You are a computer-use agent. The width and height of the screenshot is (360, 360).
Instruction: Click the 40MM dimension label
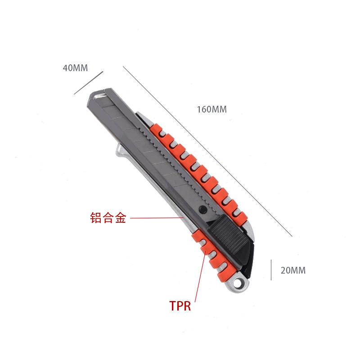coord(75,68)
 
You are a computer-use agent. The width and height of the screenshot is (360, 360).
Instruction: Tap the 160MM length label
coord(211,109)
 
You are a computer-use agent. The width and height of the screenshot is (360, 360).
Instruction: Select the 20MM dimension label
coord(293,270)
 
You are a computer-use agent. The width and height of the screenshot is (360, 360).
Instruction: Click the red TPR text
coord(180,306)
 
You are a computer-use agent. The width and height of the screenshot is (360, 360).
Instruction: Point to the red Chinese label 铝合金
coord(108,217)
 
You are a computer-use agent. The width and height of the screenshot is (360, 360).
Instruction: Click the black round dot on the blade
coord(202,209)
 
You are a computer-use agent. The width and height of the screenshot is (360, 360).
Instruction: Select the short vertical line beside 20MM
coord(271,270)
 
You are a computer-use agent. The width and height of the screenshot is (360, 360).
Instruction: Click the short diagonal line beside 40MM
coord(89,83)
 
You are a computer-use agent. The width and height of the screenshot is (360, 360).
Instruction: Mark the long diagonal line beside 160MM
coord(207,151)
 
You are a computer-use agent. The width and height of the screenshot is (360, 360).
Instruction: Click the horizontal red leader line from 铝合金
coord(157,217)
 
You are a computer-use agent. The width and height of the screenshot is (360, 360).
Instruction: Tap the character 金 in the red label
coord(121,217)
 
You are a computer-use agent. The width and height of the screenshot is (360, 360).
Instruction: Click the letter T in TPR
coord(173,306)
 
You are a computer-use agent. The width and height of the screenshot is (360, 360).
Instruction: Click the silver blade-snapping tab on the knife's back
coord(121,151)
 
